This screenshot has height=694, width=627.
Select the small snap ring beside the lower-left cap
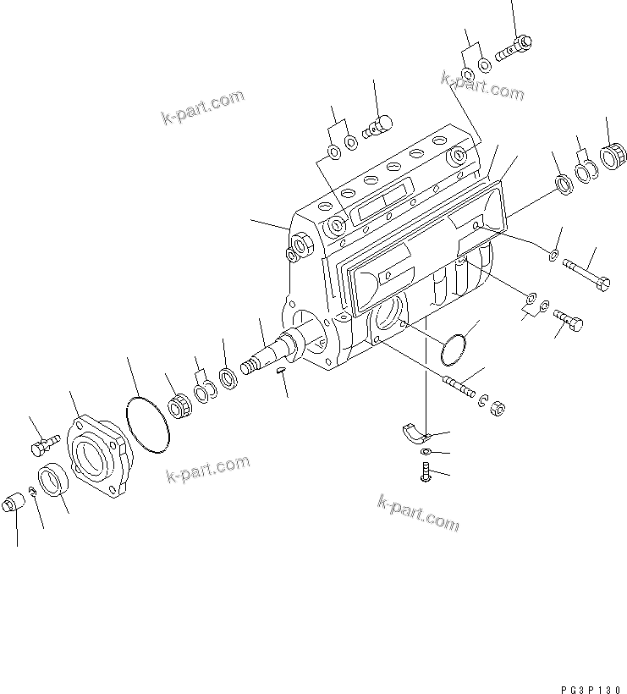(30, 492)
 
